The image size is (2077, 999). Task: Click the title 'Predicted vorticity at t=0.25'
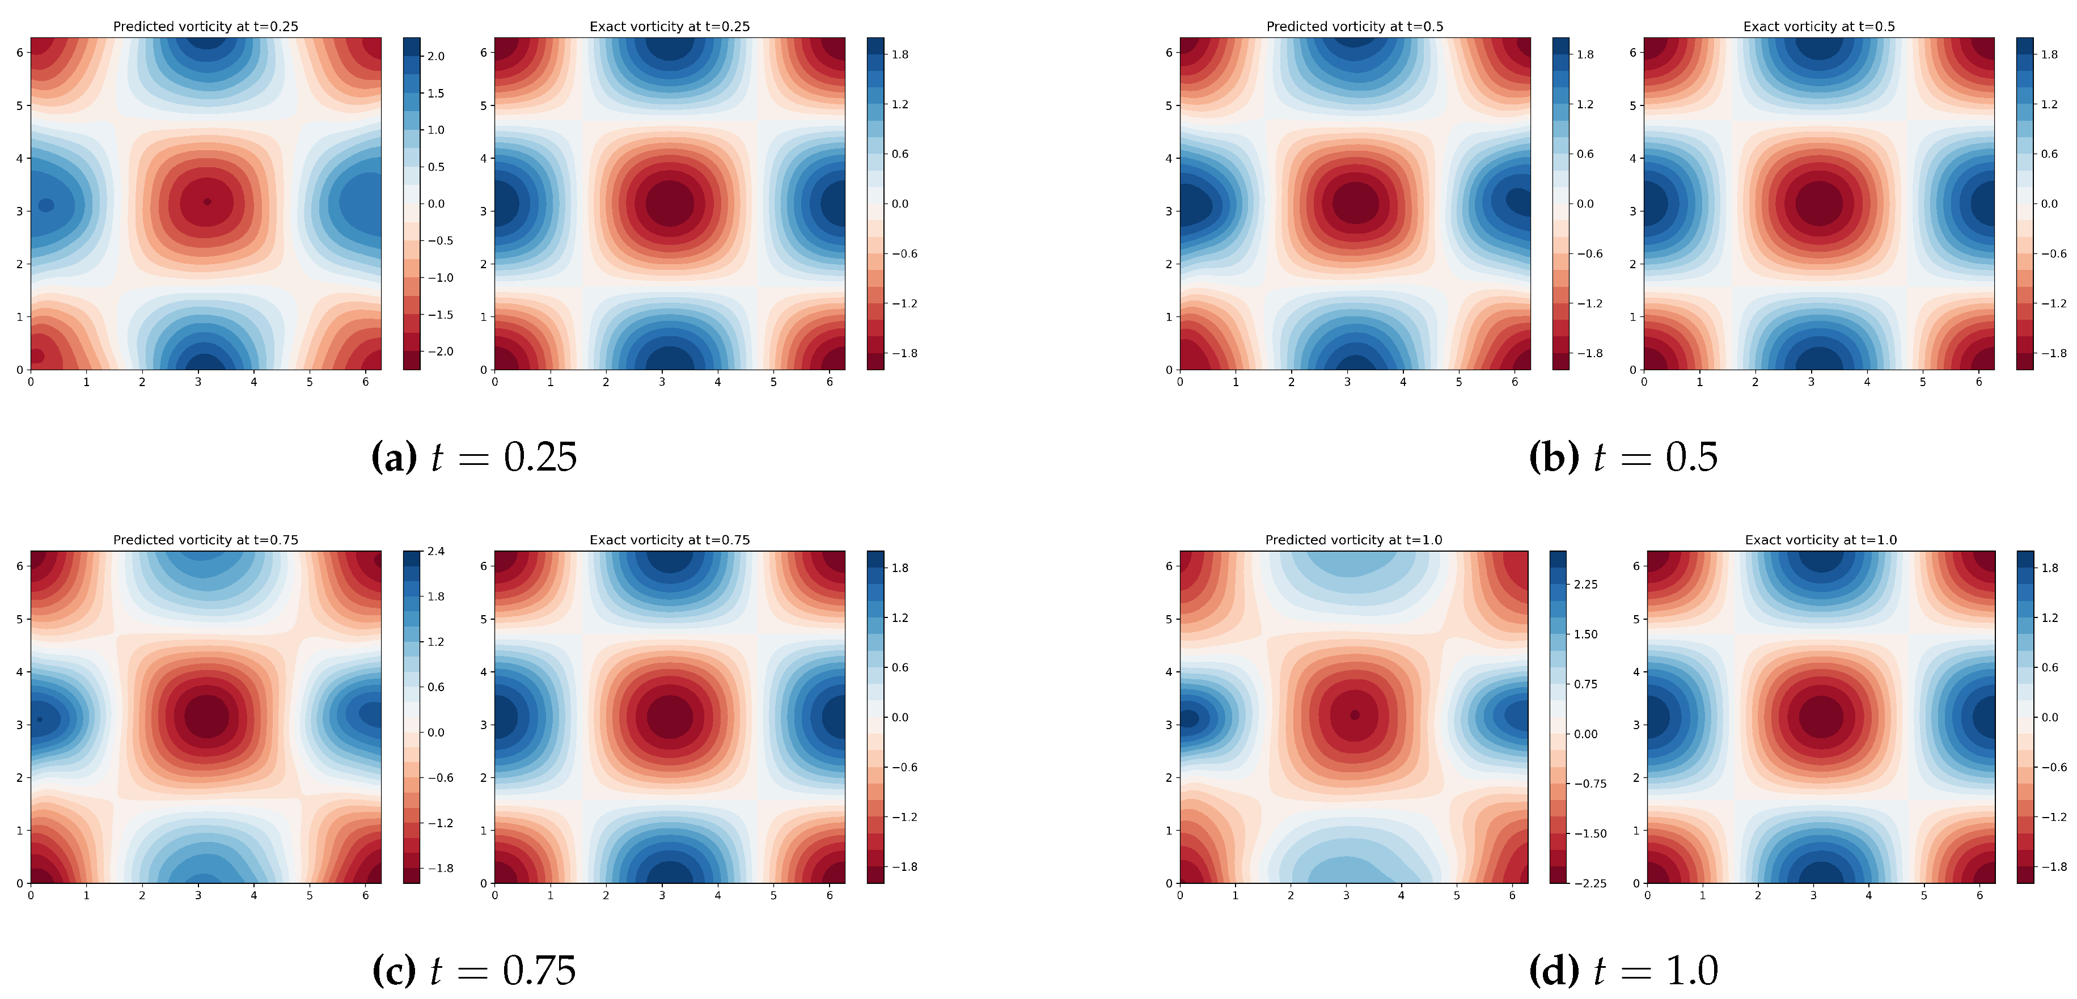(206, 27)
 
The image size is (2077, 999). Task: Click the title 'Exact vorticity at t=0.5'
(1819, 27)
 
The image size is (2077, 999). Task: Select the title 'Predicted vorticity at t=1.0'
(1353, 540)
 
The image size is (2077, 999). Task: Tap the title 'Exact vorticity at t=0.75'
(669, 540)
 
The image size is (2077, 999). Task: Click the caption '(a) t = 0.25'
(474, 457)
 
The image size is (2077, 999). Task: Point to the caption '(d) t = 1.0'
(1623, 970)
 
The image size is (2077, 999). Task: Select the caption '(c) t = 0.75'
(474, 970)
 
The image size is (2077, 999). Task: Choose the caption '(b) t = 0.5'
(1623, 457)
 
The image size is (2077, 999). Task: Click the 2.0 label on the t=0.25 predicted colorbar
(436, 57)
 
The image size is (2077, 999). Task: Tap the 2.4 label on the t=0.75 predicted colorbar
(436, 552)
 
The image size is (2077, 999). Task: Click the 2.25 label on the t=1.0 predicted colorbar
(1586, 585)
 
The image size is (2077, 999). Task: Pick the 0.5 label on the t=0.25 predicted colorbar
(436, 167)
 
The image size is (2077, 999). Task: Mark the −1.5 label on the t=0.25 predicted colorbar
(440, 315)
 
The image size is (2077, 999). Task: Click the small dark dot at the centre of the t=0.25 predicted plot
(207, 202)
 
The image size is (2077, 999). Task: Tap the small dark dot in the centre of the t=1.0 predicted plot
(1355, 715)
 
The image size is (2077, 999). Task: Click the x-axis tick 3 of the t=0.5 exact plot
(1811, 382)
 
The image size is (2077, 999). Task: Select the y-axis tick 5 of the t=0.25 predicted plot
(19, 105)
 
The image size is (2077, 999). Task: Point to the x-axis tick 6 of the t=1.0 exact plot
(1979, 896)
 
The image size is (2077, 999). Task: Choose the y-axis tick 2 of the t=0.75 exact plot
(484, 778)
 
